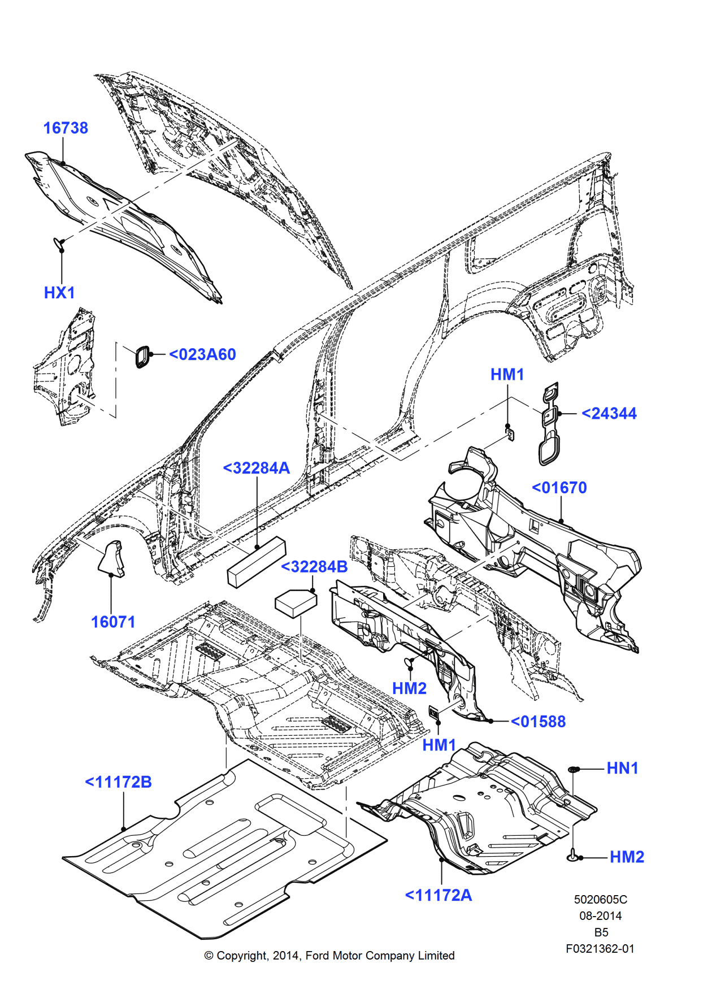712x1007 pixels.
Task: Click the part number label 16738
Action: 66,128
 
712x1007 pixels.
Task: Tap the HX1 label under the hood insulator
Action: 59,293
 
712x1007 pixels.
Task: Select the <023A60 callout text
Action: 202,354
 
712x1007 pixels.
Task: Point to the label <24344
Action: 609,414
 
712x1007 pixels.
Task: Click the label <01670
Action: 559,488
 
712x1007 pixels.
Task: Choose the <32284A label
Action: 256,468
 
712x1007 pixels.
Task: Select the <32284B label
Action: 314,567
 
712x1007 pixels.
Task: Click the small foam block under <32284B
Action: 295,603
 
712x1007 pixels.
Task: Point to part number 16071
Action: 113,622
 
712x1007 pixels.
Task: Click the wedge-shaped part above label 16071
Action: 112,558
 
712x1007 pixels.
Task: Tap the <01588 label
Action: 538,722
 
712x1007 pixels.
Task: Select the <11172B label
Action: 118,782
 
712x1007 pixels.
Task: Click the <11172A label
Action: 438,895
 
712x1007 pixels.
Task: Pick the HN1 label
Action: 622,769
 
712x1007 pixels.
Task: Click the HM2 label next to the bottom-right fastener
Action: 627,857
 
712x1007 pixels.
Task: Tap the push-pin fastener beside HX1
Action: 60,244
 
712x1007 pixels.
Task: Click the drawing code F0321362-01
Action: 600,949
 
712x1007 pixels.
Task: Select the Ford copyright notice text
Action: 329,956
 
